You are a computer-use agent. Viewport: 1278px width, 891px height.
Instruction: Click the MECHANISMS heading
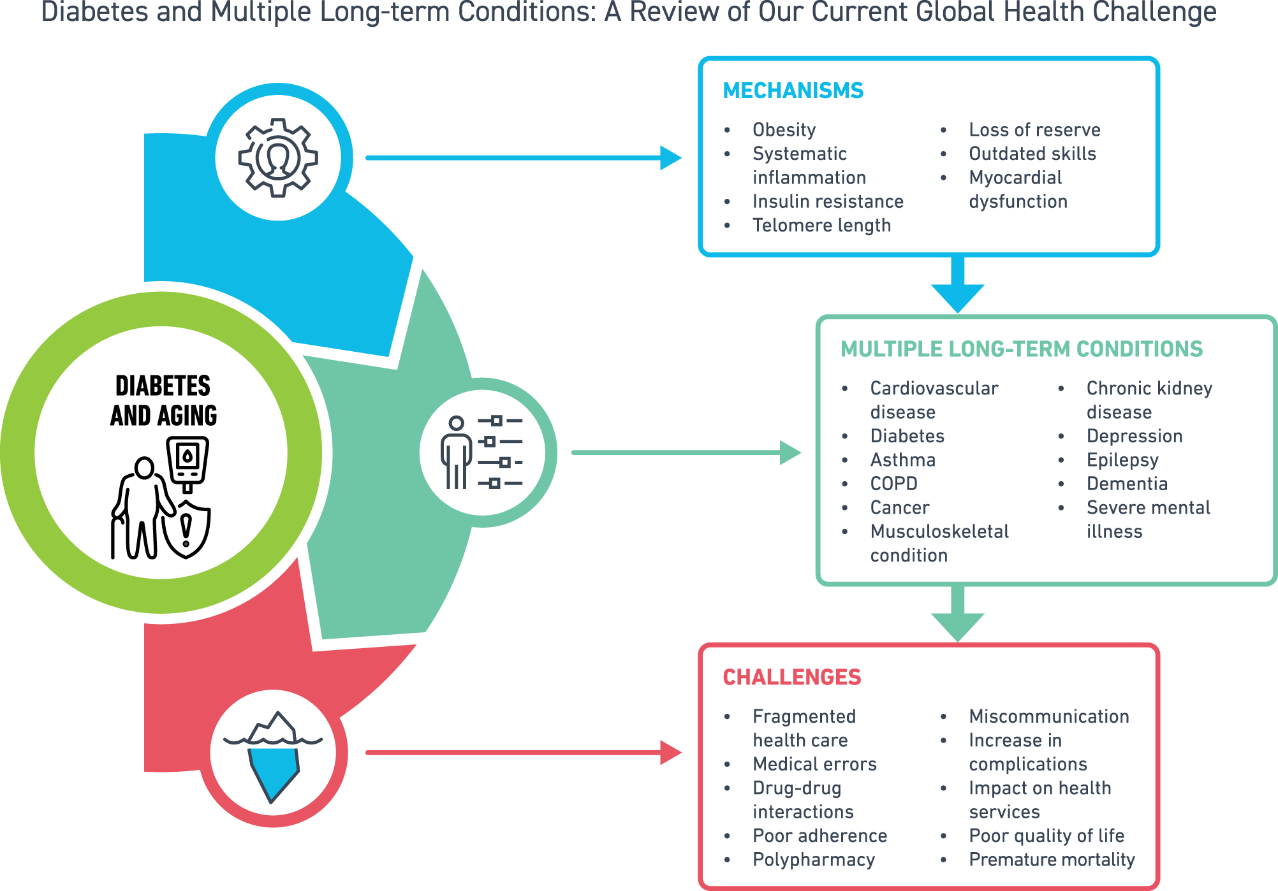tap(793, 91)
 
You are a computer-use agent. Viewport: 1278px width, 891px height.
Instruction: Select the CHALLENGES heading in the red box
tap(791, 677)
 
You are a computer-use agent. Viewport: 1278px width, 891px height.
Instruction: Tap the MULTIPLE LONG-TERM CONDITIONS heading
tap(1021, 349)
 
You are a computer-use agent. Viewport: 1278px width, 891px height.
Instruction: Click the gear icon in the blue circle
tap(278, 157)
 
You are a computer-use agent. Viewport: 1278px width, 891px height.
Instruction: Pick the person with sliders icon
tap(482, 453)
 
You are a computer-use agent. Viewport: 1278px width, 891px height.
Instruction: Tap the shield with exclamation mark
tap(186, 529)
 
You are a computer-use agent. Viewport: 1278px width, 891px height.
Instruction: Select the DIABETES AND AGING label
tap(163, 400)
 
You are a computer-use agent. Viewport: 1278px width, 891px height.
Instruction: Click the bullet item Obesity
tap(784, 130)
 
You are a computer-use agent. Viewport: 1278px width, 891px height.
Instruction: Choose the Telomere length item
tap(821, 226)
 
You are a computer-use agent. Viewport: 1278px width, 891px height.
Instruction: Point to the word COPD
tap(893, 484)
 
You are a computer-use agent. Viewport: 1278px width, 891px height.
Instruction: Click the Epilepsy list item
tap(1122, 460)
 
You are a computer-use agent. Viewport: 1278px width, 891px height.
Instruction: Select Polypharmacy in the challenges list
tap(814, 860)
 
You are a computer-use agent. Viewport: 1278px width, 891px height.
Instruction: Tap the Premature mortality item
tap(1052, 860)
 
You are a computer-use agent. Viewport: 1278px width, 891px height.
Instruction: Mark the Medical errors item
tap(814, 764)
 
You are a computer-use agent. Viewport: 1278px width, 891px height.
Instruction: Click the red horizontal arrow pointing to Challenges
tap(523, 753)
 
